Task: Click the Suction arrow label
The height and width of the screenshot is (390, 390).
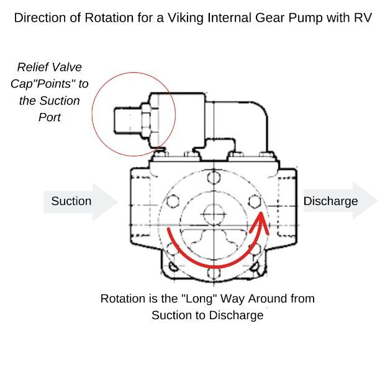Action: pyautogui.click(x=71, y=201)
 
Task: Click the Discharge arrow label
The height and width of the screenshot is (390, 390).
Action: pyautogui.click(x=330, y=201)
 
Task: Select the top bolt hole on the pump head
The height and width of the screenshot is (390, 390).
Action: pyautogui.click(x=213, y=179)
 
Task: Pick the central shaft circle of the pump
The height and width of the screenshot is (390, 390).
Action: pyautogui.click(x=213, y=212)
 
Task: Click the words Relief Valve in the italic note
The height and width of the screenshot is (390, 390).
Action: pyautogui.click(x=50, y=67)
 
